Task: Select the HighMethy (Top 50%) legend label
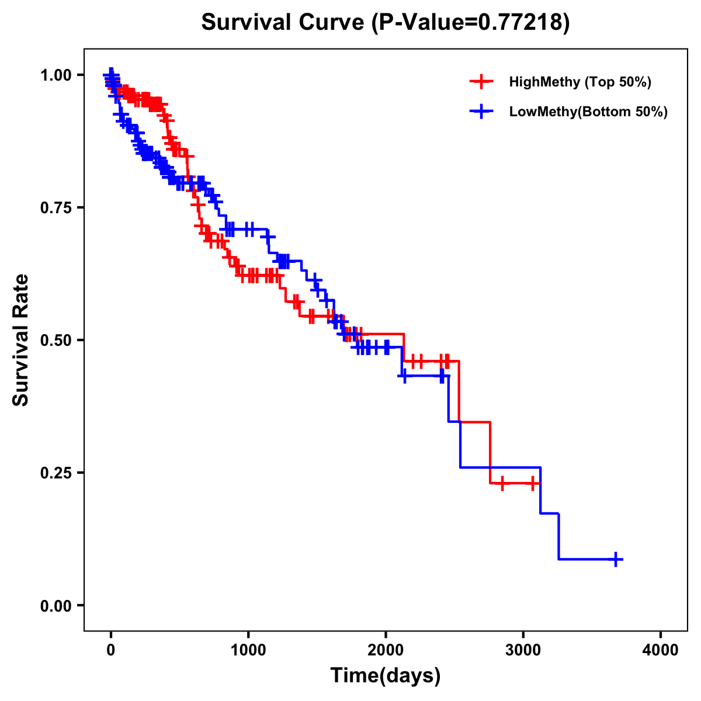(579, 82)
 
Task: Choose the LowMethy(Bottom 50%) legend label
(588, 112)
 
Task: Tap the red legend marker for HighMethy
(481, 82)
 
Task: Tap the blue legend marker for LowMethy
(481, 112)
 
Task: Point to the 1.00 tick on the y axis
(55, 75)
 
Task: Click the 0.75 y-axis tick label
(55, 207)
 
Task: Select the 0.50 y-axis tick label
(55, 340)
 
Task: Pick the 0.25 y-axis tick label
(55, 473)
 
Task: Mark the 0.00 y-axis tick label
(55, 605)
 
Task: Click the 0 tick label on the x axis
(111, 650)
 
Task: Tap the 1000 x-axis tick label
(248, 650)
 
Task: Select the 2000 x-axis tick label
(386, 650)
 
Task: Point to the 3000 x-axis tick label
(523, 650)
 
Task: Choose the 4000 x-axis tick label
(661, 650)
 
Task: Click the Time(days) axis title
(386, 676)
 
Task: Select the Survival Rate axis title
(21, 340)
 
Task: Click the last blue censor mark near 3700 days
(616, 559)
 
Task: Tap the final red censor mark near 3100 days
(533, 484)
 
